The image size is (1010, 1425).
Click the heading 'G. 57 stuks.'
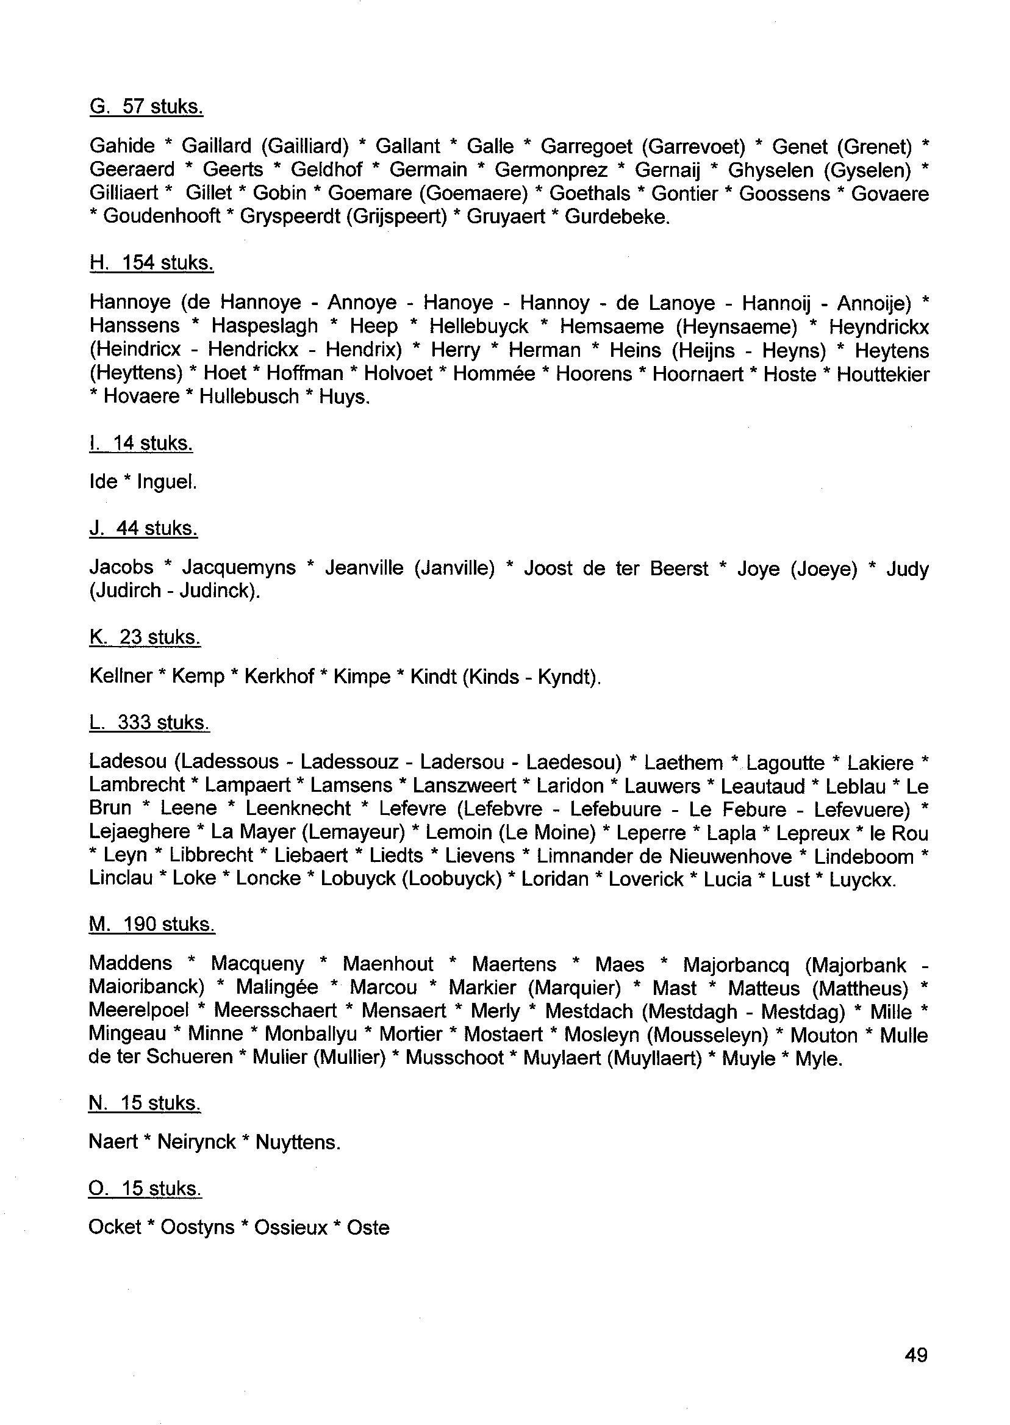pos(146,107)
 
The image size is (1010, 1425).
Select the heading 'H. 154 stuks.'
pos(151,263)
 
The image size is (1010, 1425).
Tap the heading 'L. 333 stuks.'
pos(149,722)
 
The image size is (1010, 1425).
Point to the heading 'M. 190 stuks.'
pos(152,924)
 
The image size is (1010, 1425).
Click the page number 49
pos(916,1354)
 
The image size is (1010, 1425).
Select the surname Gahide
pos(122,146)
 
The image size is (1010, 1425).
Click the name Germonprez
pos(550,170)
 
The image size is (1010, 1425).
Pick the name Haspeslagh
pos(264,326)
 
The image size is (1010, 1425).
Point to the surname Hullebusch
pos(249,397)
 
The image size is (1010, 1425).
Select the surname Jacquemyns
pos(239,567)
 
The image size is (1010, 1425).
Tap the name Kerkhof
pos(279,676)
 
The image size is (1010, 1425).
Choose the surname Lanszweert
pos(464,786)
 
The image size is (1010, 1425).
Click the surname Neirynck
pos(196,1142)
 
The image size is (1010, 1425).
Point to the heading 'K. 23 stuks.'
pos(145,637)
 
